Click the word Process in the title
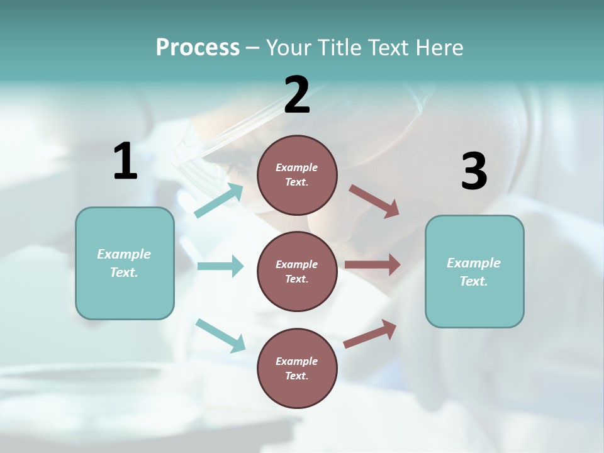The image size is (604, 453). pos(198,48)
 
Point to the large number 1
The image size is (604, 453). pos(125,162)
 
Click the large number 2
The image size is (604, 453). pos(297,96)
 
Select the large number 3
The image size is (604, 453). pos(474,172)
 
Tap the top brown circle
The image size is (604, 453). pos(297,175)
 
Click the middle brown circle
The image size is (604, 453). pos(297,271)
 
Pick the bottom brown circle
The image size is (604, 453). pos(297,368)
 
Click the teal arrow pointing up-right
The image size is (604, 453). pos(219,201)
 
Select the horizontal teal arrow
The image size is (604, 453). pos(220,266)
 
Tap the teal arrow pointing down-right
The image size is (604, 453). pos(220,335)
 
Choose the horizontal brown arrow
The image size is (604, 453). pos(372,265)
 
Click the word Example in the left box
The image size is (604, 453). pos(124,254)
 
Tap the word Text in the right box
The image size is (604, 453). pos(474,281)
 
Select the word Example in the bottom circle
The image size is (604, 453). pos(296,361)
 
